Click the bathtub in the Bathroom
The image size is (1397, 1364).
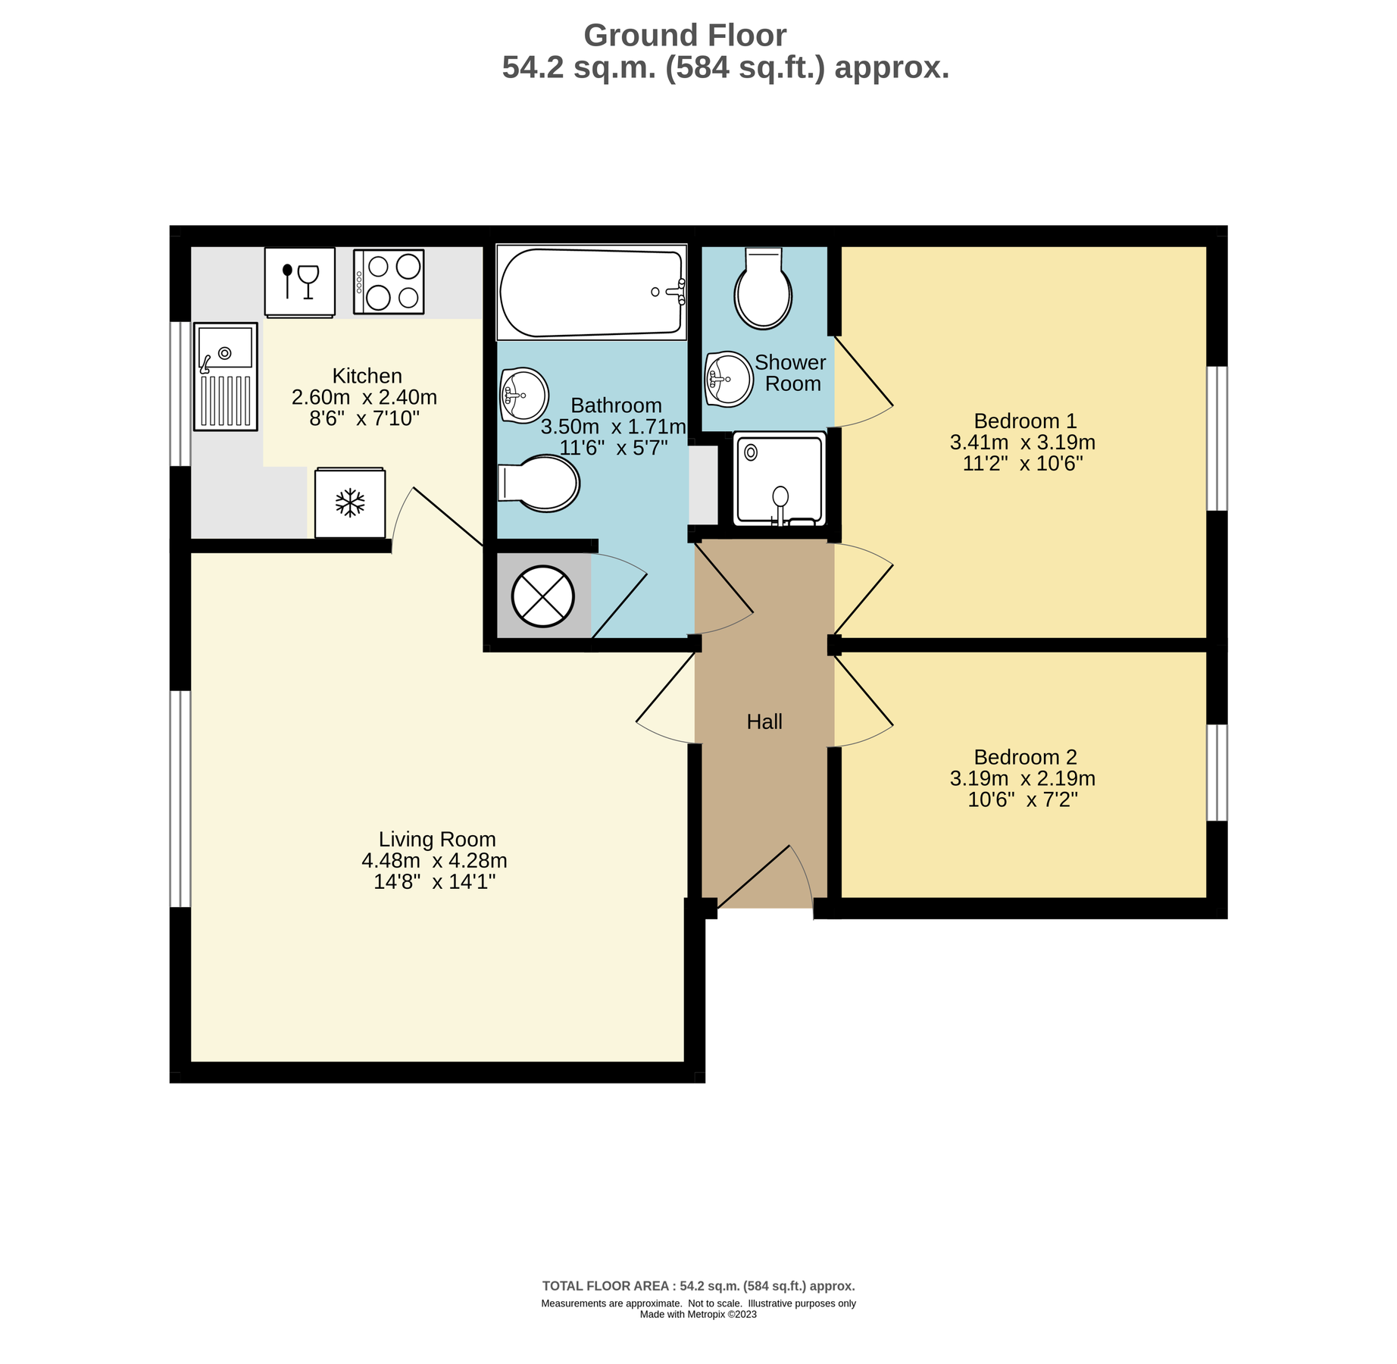(x=591, y=292)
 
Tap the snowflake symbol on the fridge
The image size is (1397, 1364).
(x=350, y=503)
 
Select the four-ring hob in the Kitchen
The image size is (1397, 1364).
(x=389, y=281)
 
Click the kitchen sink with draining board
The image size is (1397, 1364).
(x=226, y=377)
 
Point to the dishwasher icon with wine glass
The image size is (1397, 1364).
(x=300, y=281)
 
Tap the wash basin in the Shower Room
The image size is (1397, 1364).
(x=729, y=379)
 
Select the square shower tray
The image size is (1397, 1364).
(x=780, y=479)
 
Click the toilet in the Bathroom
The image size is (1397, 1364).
(x=539, y=483)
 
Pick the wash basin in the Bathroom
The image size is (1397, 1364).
(x=523, y=395)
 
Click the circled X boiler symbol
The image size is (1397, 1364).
(x=543, y=596)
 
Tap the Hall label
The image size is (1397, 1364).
(x=764, y=722)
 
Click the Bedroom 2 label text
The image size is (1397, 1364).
(x=1025, y=757)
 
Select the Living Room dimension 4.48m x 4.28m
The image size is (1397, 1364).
(x=434, y=861)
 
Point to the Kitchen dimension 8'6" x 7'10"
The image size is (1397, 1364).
(x=364, y=418)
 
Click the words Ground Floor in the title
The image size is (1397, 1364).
(x=685, y=36)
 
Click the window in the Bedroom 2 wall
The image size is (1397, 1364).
(x=1217, y=773)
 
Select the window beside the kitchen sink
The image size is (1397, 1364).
(x=180, y=394)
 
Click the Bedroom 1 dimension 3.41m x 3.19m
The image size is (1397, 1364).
(x=1023, y=443)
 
